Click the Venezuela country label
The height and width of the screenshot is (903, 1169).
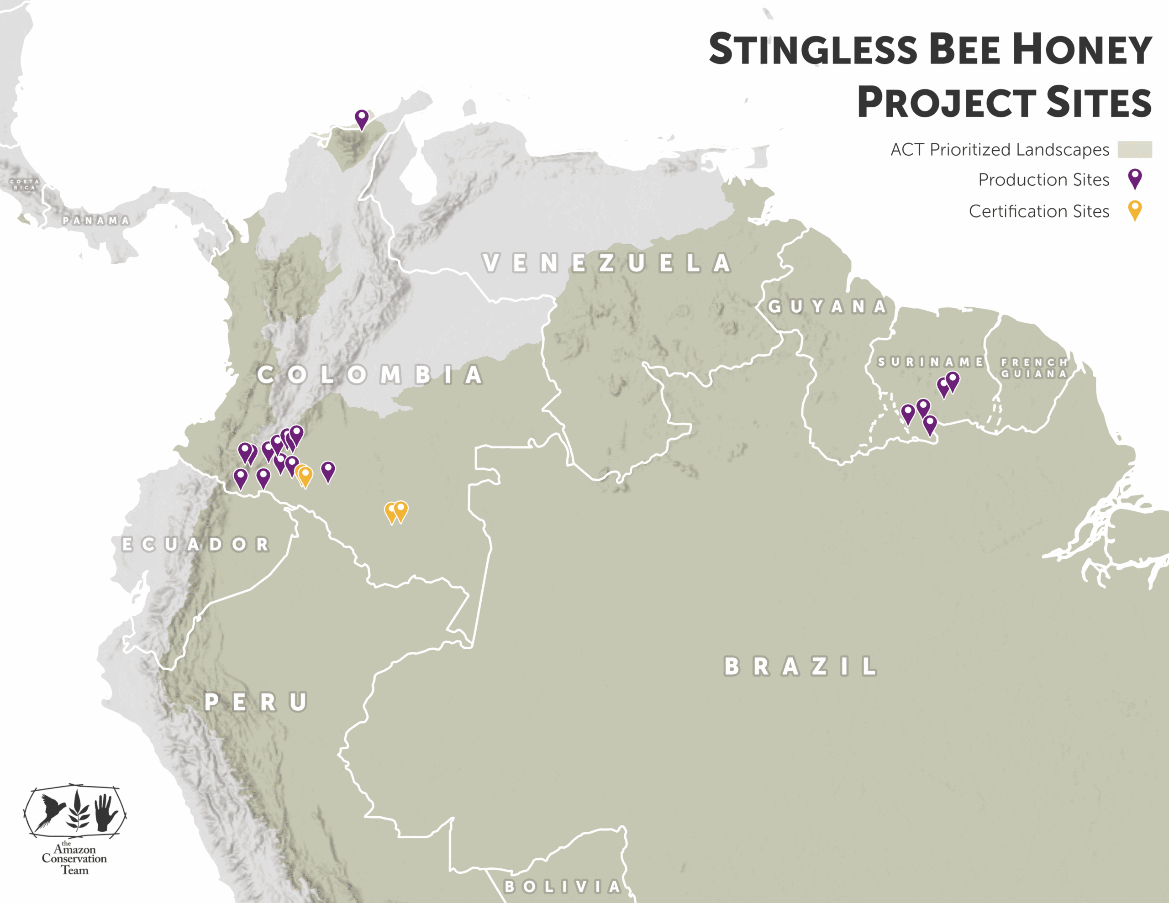(606, 263)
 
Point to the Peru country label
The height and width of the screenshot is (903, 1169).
(256, 702)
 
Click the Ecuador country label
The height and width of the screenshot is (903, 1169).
(196, 544)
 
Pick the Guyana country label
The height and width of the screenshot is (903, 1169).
(827, 307)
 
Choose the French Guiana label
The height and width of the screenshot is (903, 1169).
(1034, 368)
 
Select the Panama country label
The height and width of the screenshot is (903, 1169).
(96, 220)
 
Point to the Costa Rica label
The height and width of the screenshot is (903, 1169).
(25, 185)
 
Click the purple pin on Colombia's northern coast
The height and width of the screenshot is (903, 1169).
(362, 118)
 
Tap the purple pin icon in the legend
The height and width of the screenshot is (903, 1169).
(1135, 178)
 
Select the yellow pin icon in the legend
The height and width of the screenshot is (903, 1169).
(1135, 210)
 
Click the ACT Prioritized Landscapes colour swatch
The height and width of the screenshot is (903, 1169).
(1135, 149)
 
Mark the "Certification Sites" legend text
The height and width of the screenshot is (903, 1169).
(1039, 211)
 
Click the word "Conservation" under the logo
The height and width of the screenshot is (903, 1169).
(74, 859)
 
